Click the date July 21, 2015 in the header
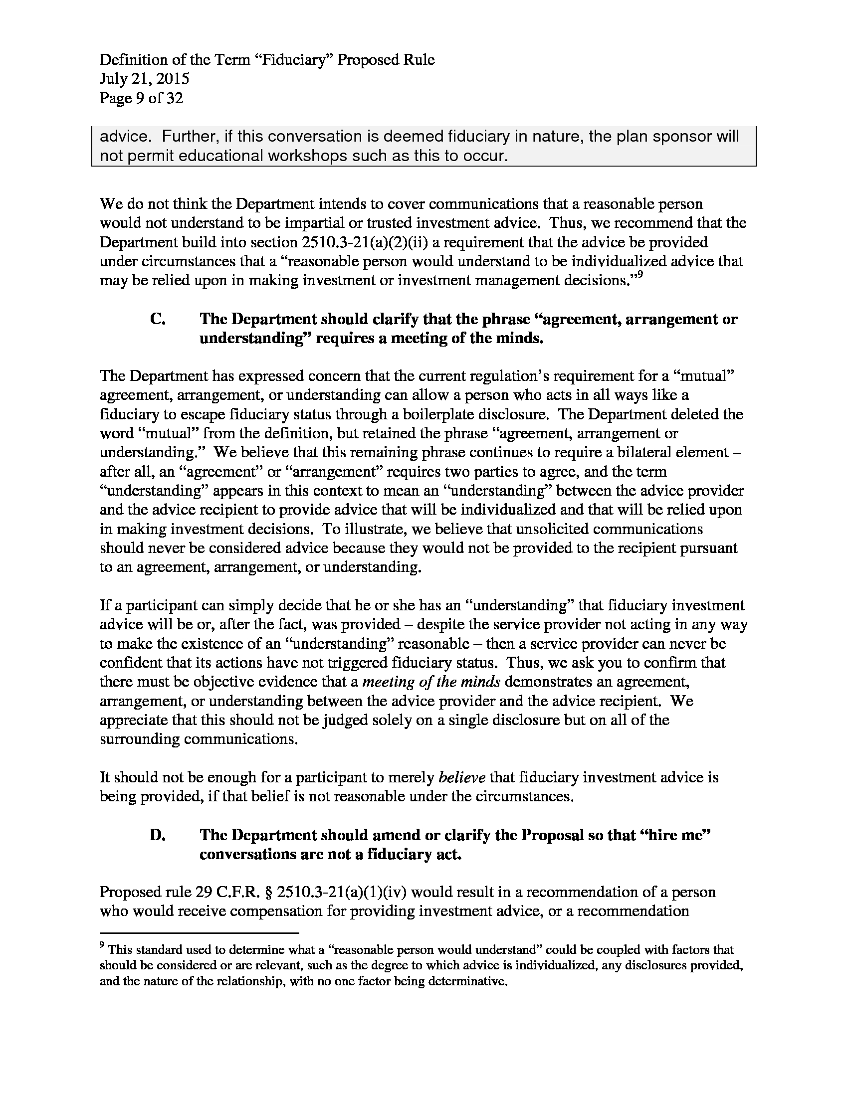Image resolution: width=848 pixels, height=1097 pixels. [x=144, y=79]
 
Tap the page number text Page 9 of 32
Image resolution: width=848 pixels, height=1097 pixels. [x=141, y=98]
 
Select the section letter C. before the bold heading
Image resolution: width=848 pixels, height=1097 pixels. [x=158, y=319]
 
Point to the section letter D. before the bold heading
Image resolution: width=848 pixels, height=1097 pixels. [x=158, y=835]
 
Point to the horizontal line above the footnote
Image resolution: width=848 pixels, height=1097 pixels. [x=199, y=933]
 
